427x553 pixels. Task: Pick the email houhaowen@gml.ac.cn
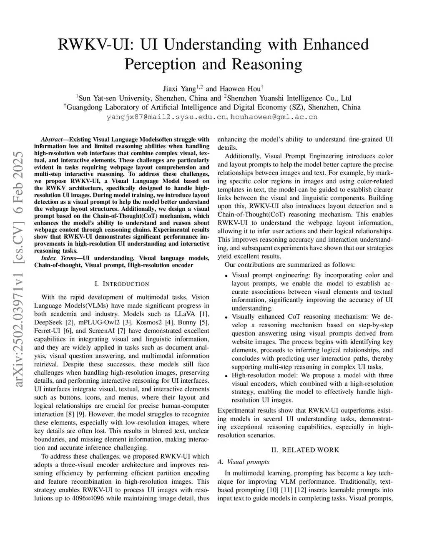coord(274,117)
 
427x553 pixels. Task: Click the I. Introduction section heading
coord(122,284)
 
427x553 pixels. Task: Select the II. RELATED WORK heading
coord(305,449)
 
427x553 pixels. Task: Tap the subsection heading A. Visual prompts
coord(244,462)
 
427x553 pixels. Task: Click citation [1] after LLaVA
coord(204,314)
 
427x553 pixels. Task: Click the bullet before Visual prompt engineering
coord(226,276)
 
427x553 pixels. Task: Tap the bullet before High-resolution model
coord(226,376)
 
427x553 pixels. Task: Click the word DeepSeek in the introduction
coord(48,322)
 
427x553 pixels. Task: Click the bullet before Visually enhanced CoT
coord(226,318)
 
